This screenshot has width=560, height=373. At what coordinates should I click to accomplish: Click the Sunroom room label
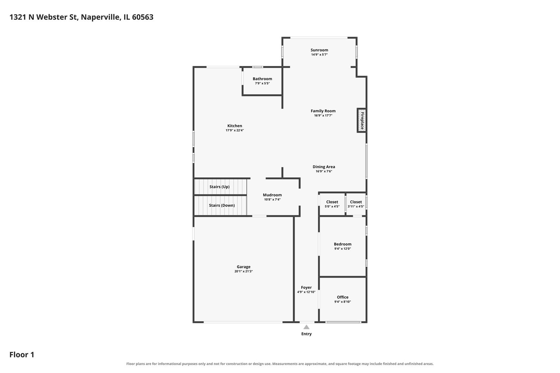[319, 50]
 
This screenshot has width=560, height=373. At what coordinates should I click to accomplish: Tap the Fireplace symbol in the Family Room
[362, 121]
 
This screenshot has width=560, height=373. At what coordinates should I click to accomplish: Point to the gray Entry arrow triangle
[306, 327]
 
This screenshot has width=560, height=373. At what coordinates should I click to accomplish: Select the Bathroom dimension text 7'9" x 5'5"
[262, 83]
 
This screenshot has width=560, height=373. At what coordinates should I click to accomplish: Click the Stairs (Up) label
[220, 186]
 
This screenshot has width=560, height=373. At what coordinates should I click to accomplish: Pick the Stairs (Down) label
[222, 205]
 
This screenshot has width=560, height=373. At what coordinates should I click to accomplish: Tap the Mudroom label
[272, 195]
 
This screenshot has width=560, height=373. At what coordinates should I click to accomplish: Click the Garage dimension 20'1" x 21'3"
[243, 271]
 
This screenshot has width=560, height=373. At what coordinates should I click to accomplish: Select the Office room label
[343, 297]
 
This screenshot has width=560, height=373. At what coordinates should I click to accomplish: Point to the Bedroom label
[343, 244]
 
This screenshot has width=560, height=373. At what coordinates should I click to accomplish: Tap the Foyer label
[306, 287]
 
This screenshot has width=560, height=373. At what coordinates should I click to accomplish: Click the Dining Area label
[324, 166]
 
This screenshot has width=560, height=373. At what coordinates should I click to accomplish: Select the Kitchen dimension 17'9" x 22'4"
[235, 130]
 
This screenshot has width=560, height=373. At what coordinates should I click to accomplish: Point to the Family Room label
[323, 111]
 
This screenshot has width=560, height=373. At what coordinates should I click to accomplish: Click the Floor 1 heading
[22, 354]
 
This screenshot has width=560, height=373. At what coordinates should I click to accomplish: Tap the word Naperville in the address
[101, 17]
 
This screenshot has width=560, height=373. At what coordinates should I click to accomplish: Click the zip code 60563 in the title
[142, 17]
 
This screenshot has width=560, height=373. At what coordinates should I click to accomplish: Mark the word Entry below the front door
[306, 334]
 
